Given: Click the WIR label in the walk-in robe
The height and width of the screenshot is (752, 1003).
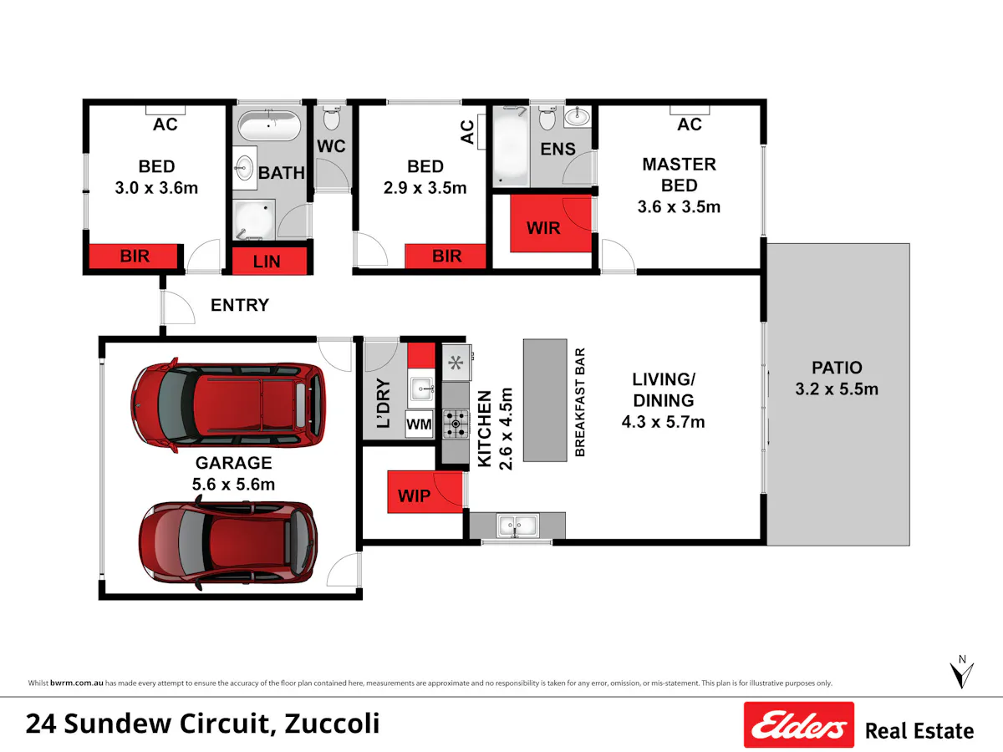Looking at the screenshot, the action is (542, 228).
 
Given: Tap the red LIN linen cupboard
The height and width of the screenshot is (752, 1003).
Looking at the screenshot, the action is (269, 261).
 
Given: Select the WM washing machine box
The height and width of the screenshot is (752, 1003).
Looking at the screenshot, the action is (419, 424).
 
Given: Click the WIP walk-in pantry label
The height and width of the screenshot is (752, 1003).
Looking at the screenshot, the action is (414, 495).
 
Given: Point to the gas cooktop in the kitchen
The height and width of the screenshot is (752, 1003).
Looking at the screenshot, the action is (456, 424).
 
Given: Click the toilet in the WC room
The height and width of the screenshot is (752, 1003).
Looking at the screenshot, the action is (331, 119).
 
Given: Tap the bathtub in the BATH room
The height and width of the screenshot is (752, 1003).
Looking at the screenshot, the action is (270, 125).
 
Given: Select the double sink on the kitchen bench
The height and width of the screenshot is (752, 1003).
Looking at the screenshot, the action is (517, 526).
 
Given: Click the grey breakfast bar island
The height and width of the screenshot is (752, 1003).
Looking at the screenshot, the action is (545, 400).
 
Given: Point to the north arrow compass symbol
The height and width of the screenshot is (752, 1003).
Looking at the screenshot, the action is (961, 672).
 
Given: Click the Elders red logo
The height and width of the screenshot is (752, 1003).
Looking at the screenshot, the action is (799, 724).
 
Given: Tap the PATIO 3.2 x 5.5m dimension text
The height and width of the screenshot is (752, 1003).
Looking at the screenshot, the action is (837, 389).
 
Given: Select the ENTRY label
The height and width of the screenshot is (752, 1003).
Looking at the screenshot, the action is (240, 305).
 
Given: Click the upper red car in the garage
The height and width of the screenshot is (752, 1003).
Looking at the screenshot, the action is (228, 404).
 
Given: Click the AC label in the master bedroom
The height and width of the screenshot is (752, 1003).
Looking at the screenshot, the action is (689, 124).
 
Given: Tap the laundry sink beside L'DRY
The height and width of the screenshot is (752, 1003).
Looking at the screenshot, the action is (421, 389).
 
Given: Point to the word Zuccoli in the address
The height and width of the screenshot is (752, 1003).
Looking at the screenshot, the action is (332, 724).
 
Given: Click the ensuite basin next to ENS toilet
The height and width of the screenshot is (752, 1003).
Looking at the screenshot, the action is (577, 116).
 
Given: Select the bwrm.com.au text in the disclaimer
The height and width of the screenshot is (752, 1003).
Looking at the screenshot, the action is (76, 683).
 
